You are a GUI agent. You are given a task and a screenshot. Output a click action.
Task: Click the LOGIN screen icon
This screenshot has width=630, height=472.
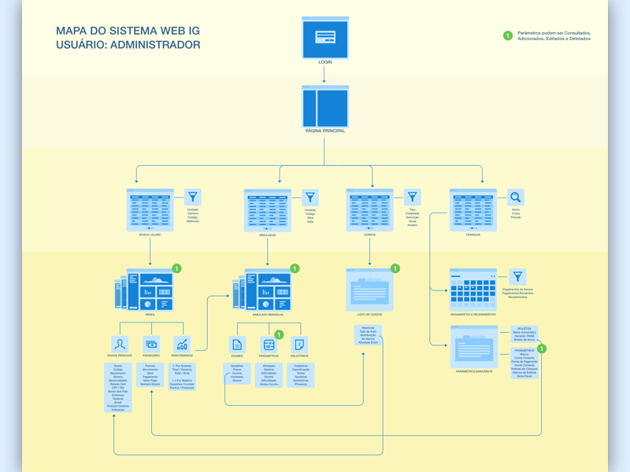click(325, 37)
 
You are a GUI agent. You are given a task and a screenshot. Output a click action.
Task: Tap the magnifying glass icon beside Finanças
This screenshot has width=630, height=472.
click(515, 197)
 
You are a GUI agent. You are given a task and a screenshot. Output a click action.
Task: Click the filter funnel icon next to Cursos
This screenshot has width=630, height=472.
click(413, 197)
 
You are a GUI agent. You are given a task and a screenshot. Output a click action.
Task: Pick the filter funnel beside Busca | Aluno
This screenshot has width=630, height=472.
click(193, 197)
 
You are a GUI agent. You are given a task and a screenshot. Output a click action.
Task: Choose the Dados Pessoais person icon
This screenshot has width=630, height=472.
click(120, 345)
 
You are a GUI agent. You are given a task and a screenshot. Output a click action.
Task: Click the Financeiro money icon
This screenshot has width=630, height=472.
click(151, 345)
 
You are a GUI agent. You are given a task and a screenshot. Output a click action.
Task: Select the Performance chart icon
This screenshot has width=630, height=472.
click(182, 345)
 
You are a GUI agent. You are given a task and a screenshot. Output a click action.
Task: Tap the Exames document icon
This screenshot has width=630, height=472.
click(237, 345)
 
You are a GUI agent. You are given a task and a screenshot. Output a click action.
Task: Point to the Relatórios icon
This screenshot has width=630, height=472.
click(299, 345)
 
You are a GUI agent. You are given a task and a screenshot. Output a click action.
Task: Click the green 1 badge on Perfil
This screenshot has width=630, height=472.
click(176, 269)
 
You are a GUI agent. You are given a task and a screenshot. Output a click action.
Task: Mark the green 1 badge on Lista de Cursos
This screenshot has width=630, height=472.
click(395, 269)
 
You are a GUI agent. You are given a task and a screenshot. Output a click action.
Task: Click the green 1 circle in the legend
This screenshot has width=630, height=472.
click(508, 35)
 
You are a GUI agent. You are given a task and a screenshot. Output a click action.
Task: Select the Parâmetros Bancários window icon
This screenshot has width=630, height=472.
click(473, 346)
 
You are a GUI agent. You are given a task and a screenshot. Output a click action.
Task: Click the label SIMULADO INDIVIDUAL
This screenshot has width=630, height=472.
click(268, 315)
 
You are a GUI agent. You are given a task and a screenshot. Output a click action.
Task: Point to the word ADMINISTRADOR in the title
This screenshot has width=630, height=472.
click(155, 45)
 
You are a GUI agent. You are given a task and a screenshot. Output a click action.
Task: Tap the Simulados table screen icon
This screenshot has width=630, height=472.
click(268, 209)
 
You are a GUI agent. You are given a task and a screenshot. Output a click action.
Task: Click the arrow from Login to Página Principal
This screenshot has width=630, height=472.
click(325, 75)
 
